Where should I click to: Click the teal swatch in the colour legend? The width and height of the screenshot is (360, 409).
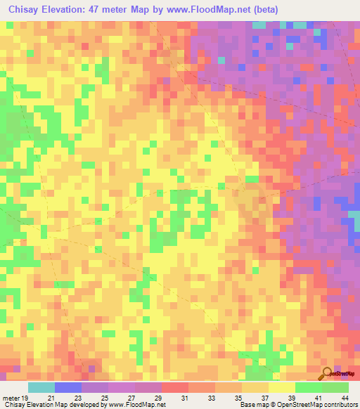click(x=41, y=387)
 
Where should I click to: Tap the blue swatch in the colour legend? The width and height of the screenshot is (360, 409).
click(x=67, y=387)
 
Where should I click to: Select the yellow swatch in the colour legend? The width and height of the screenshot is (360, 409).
click(x=281, y=387)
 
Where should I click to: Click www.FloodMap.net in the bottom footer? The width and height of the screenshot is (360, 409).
click(x=136, y=405)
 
